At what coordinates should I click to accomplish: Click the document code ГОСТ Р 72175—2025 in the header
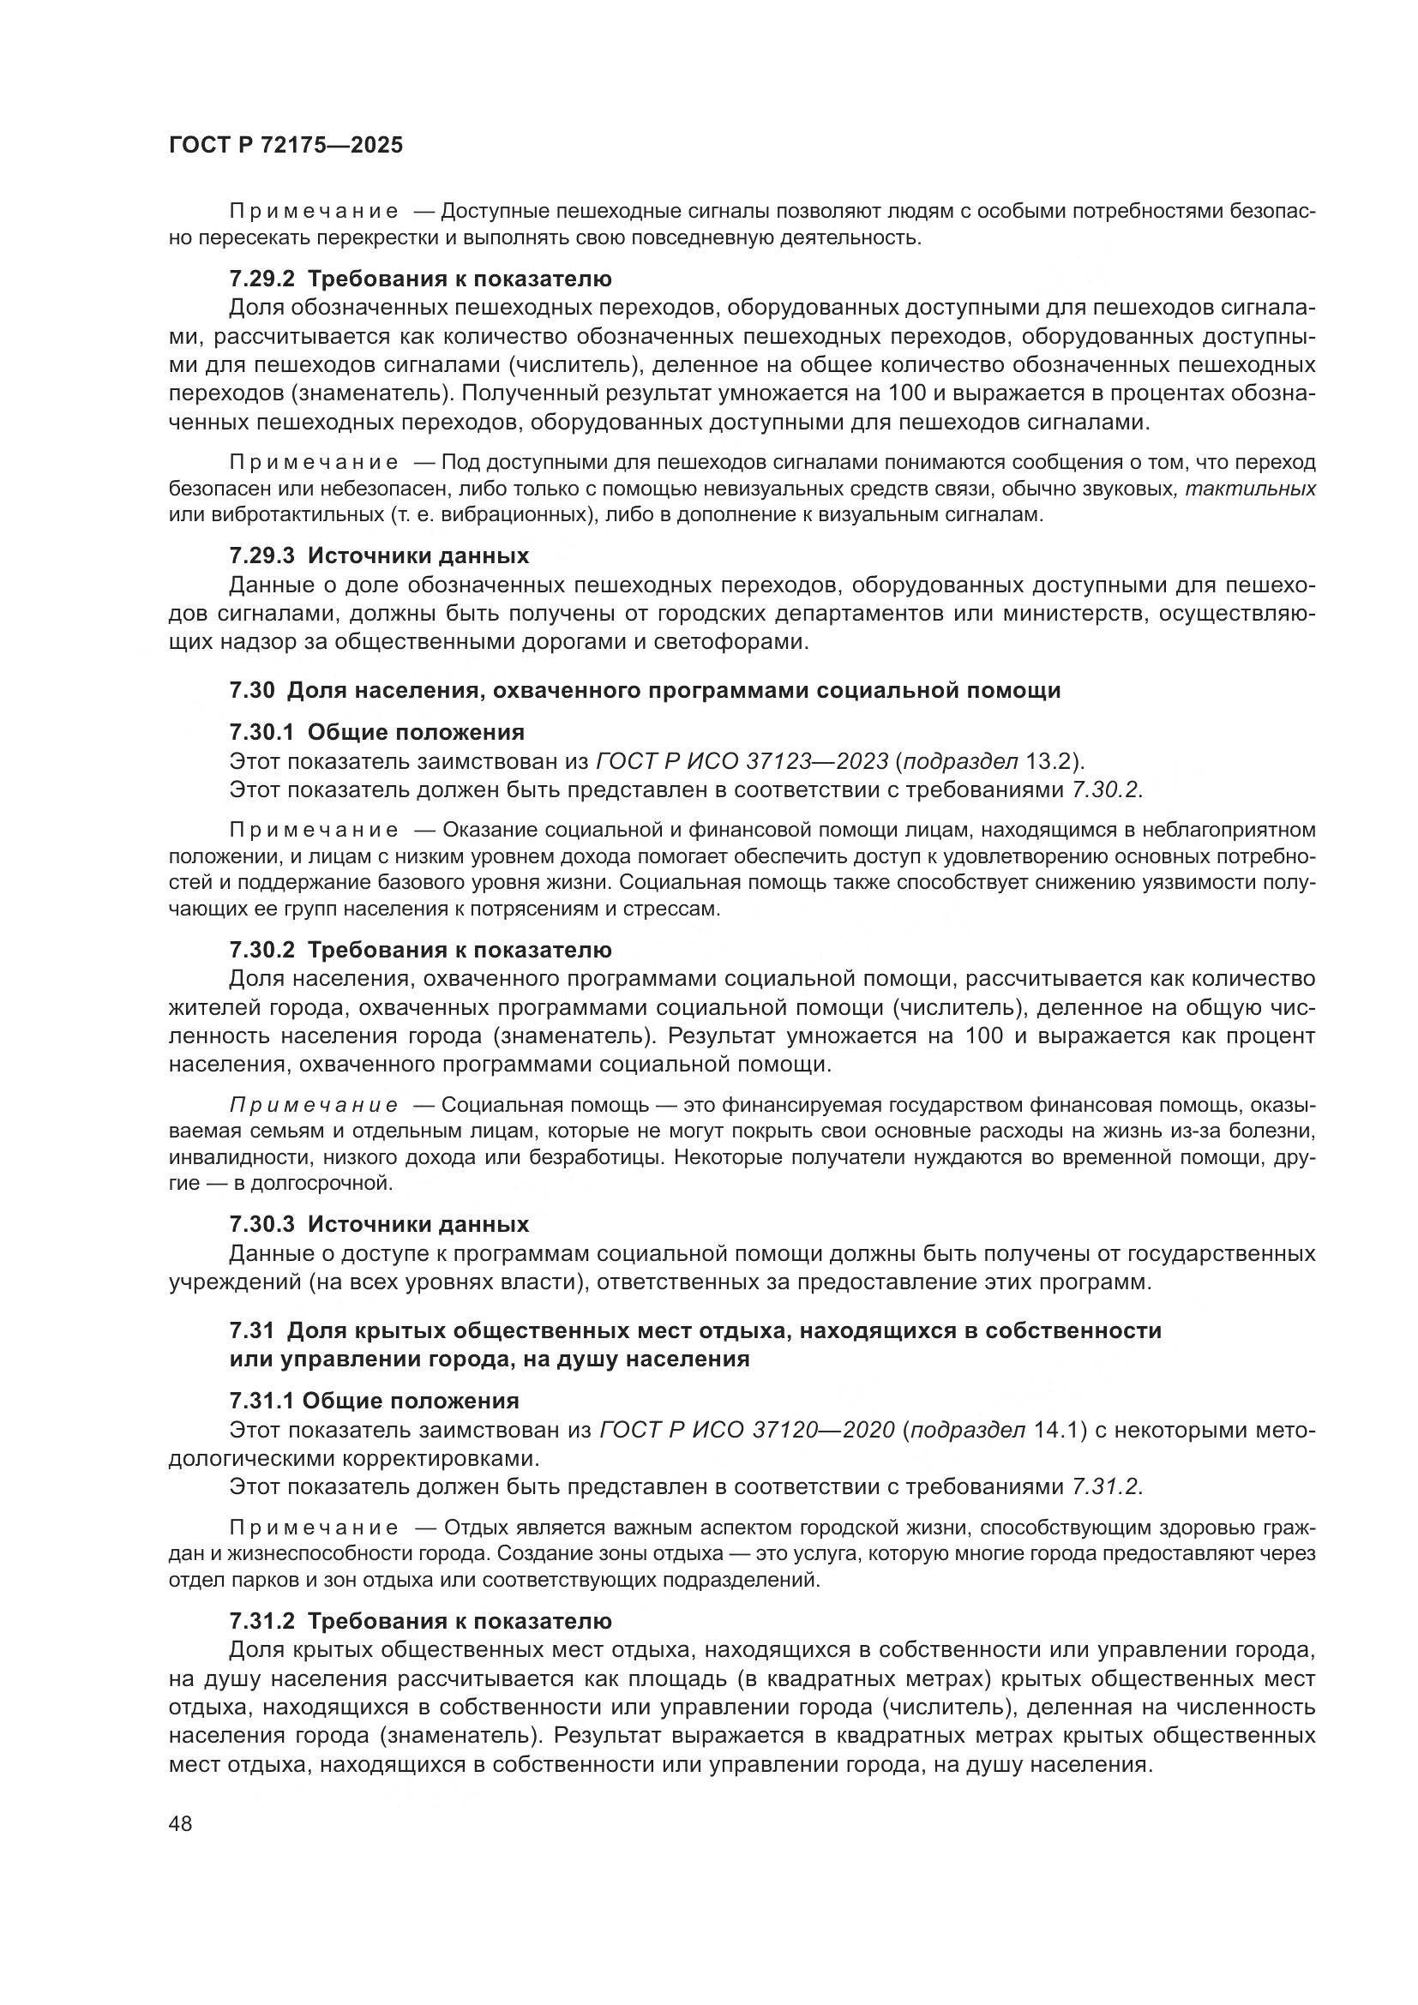click(285, 146)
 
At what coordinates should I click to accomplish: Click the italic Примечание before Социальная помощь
click(314, 1106)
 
